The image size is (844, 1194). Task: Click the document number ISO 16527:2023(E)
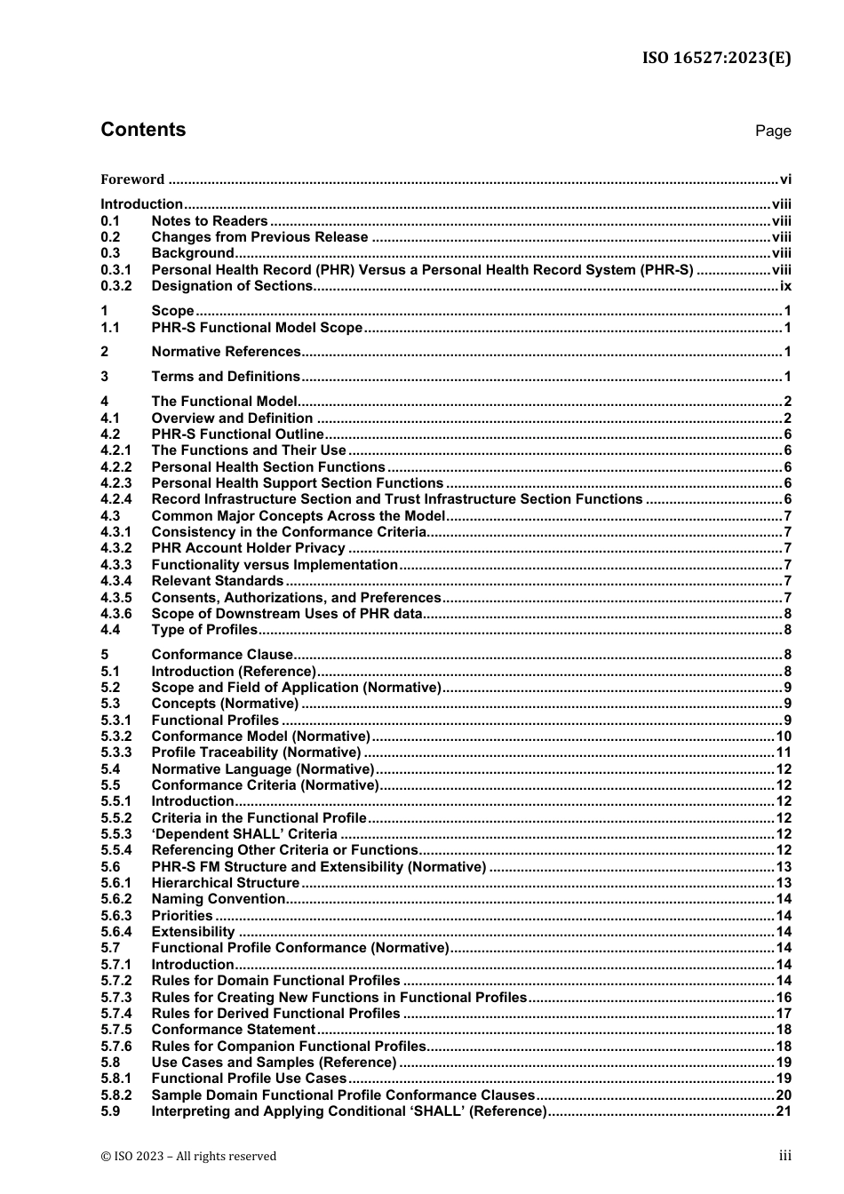click(x=716, y=58)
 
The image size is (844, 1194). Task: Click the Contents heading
click(x=143, y=130)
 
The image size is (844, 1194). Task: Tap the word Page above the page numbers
click(x=772, y=131)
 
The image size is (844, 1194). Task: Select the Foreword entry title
click(x=132, y=179)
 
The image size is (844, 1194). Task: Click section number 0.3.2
click(x=115, y=286)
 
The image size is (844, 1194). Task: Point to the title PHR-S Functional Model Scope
click(x=257, y=328)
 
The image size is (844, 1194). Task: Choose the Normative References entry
click(x=226, y=352)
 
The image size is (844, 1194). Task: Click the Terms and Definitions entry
click(x=226, y=377)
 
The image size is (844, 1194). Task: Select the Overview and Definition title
click(x=232, y=418)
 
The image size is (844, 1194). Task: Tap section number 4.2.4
click(x=115, y=499)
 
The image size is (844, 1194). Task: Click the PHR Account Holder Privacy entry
click(x=248, y=548)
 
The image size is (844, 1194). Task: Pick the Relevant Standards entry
click(x=217, y=581)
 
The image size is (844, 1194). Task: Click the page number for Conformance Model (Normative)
click(x=783, y=736)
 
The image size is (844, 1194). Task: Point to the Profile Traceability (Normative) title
click(x=256, y=752)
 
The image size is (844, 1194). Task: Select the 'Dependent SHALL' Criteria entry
click(x=244, y=834)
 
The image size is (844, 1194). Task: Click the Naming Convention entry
click(x=219, y=899)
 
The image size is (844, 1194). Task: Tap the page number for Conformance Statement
click(x=783, y=1030)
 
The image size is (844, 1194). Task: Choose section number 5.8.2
click(x=115, y=1095)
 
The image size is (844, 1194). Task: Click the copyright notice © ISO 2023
click(x=188, y=1156)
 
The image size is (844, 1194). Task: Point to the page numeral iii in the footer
click(x=784, y=1156)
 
